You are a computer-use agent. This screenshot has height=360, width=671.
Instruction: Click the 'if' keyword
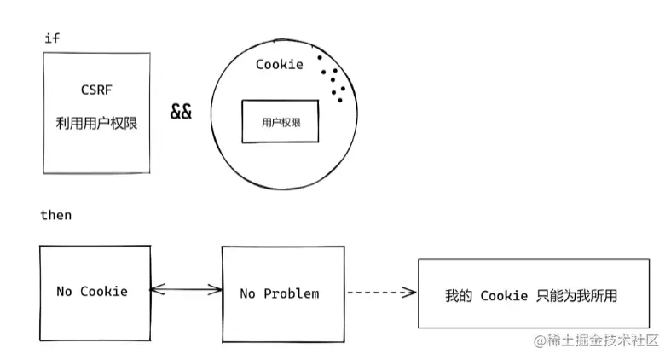tap(49, 38)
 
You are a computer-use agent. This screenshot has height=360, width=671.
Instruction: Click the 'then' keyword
tap(56, 215)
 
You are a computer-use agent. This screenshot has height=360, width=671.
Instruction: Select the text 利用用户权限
tap(96, 124)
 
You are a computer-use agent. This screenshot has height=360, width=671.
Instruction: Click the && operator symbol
tap(181, 112)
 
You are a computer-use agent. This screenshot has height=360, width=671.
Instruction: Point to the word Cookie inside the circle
tap(279, 65)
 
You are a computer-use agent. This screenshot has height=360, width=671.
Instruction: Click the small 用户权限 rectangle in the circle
tap(281, 122)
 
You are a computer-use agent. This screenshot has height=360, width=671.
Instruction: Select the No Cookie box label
tap(92, 292)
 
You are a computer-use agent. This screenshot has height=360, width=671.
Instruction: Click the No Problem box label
tap(279, 293)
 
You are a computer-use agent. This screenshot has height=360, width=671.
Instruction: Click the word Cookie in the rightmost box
tap(504, 296)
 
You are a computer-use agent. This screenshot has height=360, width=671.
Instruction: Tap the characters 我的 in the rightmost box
tap(459, 296)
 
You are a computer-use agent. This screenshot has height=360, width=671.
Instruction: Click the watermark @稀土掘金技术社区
tap(597, 340)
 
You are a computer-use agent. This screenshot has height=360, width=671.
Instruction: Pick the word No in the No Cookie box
tap(64, 292)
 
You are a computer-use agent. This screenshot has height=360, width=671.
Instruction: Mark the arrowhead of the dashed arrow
tap(412, 293)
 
